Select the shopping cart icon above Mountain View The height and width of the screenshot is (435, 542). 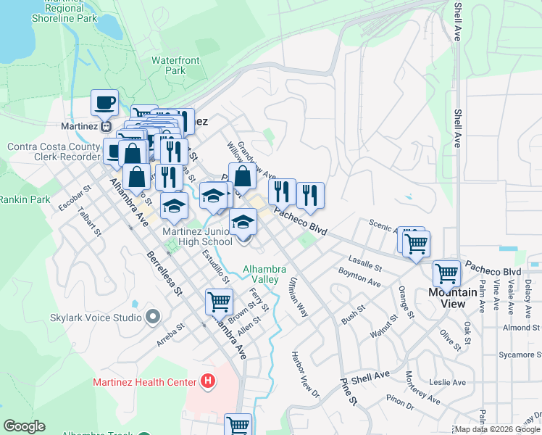(446, 274)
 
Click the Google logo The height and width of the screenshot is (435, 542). (24, 426)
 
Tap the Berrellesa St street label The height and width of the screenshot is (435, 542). (163, 273)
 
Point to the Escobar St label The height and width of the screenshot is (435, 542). (75, 199)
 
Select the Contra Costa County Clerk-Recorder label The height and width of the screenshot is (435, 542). (53, 152)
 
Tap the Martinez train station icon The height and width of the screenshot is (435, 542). (107, 125)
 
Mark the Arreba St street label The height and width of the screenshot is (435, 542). (170, 336)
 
